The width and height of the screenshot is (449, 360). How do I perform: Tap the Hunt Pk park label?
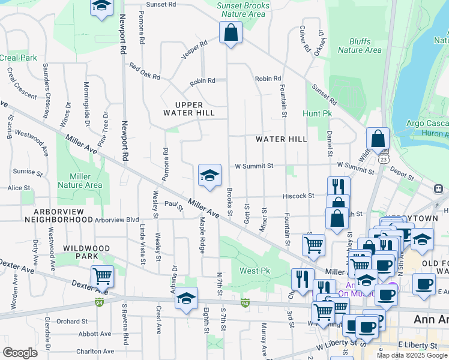[318, 113]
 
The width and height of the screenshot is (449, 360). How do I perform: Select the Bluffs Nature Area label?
[360, 46]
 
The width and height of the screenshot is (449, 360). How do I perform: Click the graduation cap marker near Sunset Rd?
[102, 7]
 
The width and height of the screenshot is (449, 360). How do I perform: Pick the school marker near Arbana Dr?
[187, 298]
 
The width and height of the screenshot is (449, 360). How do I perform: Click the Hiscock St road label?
[299, 196]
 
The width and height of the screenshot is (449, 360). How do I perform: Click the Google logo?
[20, 353]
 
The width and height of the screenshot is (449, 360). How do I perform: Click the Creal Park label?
[18, 58]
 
